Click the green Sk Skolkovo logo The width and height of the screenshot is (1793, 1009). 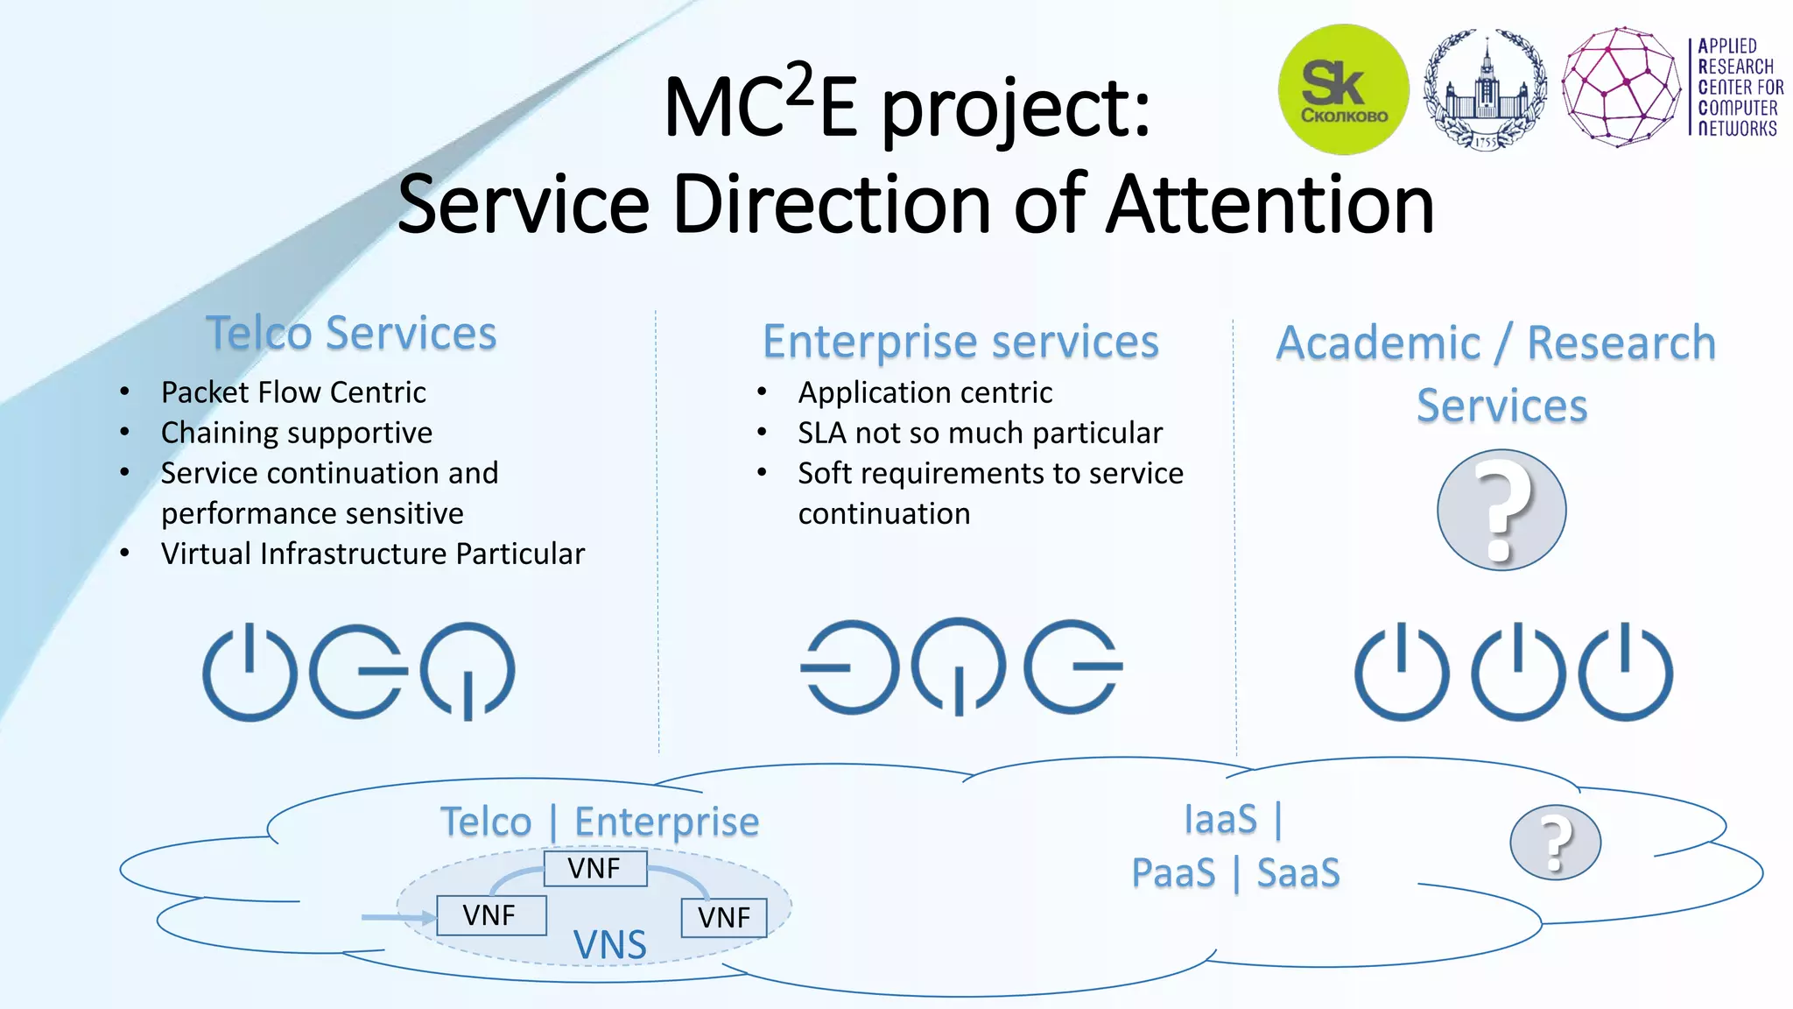tap(1343, 89)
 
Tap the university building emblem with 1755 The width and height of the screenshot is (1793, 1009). tap(1485, 89)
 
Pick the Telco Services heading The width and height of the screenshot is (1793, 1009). tap(351, 334)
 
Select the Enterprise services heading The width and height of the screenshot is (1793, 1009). tap(960, 342)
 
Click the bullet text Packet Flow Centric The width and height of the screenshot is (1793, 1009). tap(293, 392)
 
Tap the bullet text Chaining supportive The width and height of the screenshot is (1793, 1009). tap(297, 433)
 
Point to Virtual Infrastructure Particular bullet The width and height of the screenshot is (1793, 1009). tap(372, 554)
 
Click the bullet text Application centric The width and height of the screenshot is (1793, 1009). tap(925, 392)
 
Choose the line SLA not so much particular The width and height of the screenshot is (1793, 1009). tap(980, 433)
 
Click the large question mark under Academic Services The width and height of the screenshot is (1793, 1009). tap(1501, 510)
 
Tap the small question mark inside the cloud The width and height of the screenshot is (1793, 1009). tap(1555, 843)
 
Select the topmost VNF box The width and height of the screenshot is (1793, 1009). tap(594, 869)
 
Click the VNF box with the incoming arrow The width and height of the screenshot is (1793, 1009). tap(490, 915)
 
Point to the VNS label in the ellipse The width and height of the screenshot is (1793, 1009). tap(609, 944)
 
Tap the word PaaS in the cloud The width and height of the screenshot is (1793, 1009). tap(1173, 873)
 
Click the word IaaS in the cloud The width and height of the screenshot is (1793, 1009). tap(1220, 820)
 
